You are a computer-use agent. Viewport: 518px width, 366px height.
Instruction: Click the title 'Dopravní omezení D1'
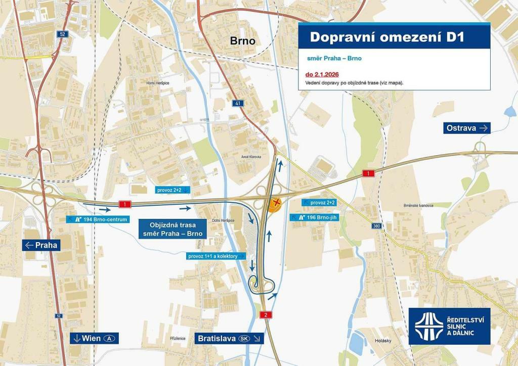click(387, 37)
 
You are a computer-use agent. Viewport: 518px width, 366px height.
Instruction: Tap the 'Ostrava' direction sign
click(467, 128)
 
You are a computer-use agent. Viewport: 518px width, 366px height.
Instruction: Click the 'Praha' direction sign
click(41, 245)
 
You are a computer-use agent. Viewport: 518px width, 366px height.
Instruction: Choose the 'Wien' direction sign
click(94, 338)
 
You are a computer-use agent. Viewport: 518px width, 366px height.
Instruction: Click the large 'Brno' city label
click(243, 41)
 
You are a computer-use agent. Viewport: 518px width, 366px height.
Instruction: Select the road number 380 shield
click(376, 226)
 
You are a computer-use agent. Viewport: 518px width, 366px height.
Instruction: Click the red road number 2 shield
click(266, 315)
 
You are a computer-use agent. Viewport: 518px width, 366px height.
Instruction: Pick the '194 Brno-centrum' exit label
click(96, 219)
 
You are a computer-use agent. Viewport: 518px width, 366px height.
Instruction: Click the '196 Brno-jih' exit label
click(317, 217)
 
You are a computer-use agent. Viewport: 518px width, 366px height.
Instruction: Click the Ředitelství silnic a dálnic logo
click(449, 326)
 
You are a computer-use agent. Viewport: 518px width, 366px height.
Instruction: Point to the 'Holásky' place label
click(383, 341)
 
